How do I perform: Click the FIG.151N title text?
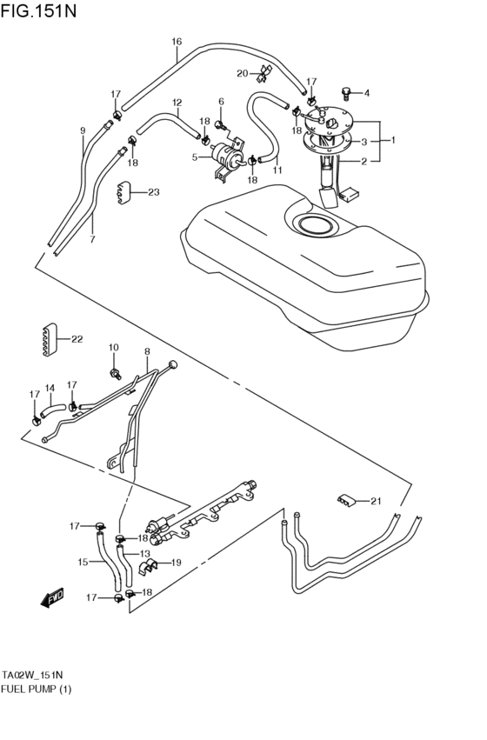(x=38, y=10)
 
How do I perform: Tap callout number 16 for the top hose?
(x=177, y=42)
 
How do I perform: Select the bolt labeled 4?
(x=346, y=92)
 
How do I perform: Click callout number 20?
(x=242, y=73)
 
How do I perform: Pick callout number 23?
(x=153, y=192)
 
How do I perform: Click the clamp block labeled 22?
(x=48, y=339)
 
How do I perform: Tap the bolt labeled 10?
(x=114, y=373)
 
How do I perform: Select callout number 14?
(x=50, y=388)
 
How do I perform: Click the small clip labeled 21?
(x=346, y=501)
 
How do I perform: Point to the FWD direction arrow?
(x=51, y=598)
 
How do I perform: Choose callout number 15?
(x=83, y=562)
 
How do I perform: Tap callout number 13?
(x=144, y=554)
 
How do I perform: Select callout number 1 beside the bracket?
(x=393, y=140)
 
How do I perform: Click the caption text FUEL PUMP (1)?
(x=36, y=689)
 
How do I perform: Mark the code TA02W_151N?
(x=32, y=675)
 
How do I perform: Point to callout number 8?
(x=147, y=351)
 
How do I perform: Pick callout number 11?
(x=277, y=170)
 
